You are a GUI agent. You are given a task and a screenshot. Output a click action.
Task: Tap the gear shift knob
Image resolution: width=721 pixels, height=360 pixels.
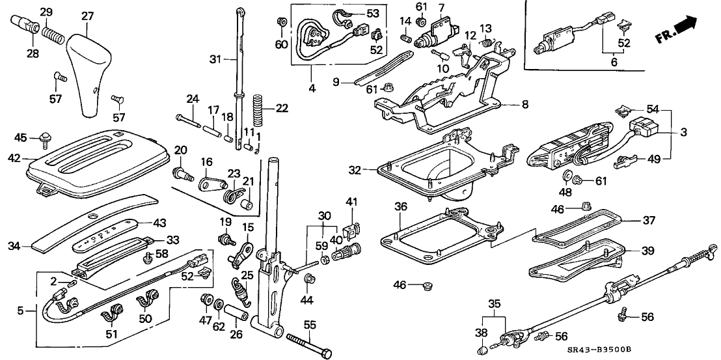[90, 75]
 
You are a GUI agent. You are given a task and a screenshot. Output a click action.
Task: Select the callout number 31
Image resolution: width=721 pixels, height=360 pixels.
[215, 59]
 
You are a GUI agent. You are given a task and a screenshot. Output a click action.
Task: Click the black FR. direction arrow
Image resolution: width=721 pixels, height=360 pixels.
[691, 26]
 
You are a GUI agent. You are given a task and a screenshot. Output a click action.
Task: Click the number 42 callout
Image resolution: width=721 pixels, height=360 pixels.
[16, 157]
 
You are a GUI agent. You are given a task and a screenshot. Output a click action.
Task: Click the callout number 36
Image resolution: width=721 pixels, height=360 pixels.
[401, 206]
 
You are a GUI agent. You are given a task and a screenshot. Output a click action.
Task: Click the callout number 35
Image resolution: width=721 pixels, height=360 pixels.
[495, 303]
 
